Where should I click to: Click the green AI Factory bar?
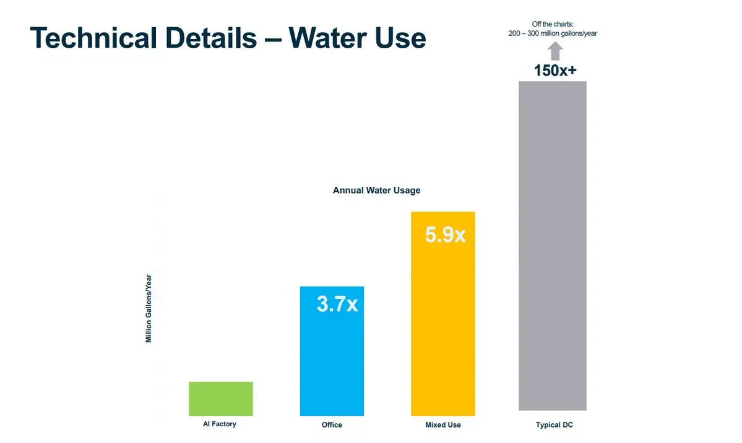tap(221, 398)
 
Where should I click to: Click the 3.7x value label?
tap(337, 304)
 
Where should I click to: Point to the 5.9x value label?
tap(445, 234)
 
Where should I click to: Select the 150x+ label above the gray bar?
tap(555, 71)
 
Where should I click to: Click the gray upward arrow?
tap(555, 50)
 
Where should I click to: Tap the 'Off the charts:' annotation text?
tap(553, 24)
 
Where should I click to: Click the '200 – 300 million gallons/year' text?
tap(553, 33)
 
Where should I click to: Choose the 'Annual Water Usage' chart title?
tap(376, 191)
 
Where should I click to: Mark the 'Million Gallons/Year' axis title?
tap(149, 308)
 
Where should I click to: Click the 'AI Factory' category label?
tap(220, 424)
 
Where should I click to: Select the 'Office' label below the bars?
tap(332, 425)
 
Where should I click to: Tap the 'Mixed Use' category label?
tap(443, 425)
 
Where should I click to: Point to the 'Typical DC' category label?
tap(554, 425)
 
